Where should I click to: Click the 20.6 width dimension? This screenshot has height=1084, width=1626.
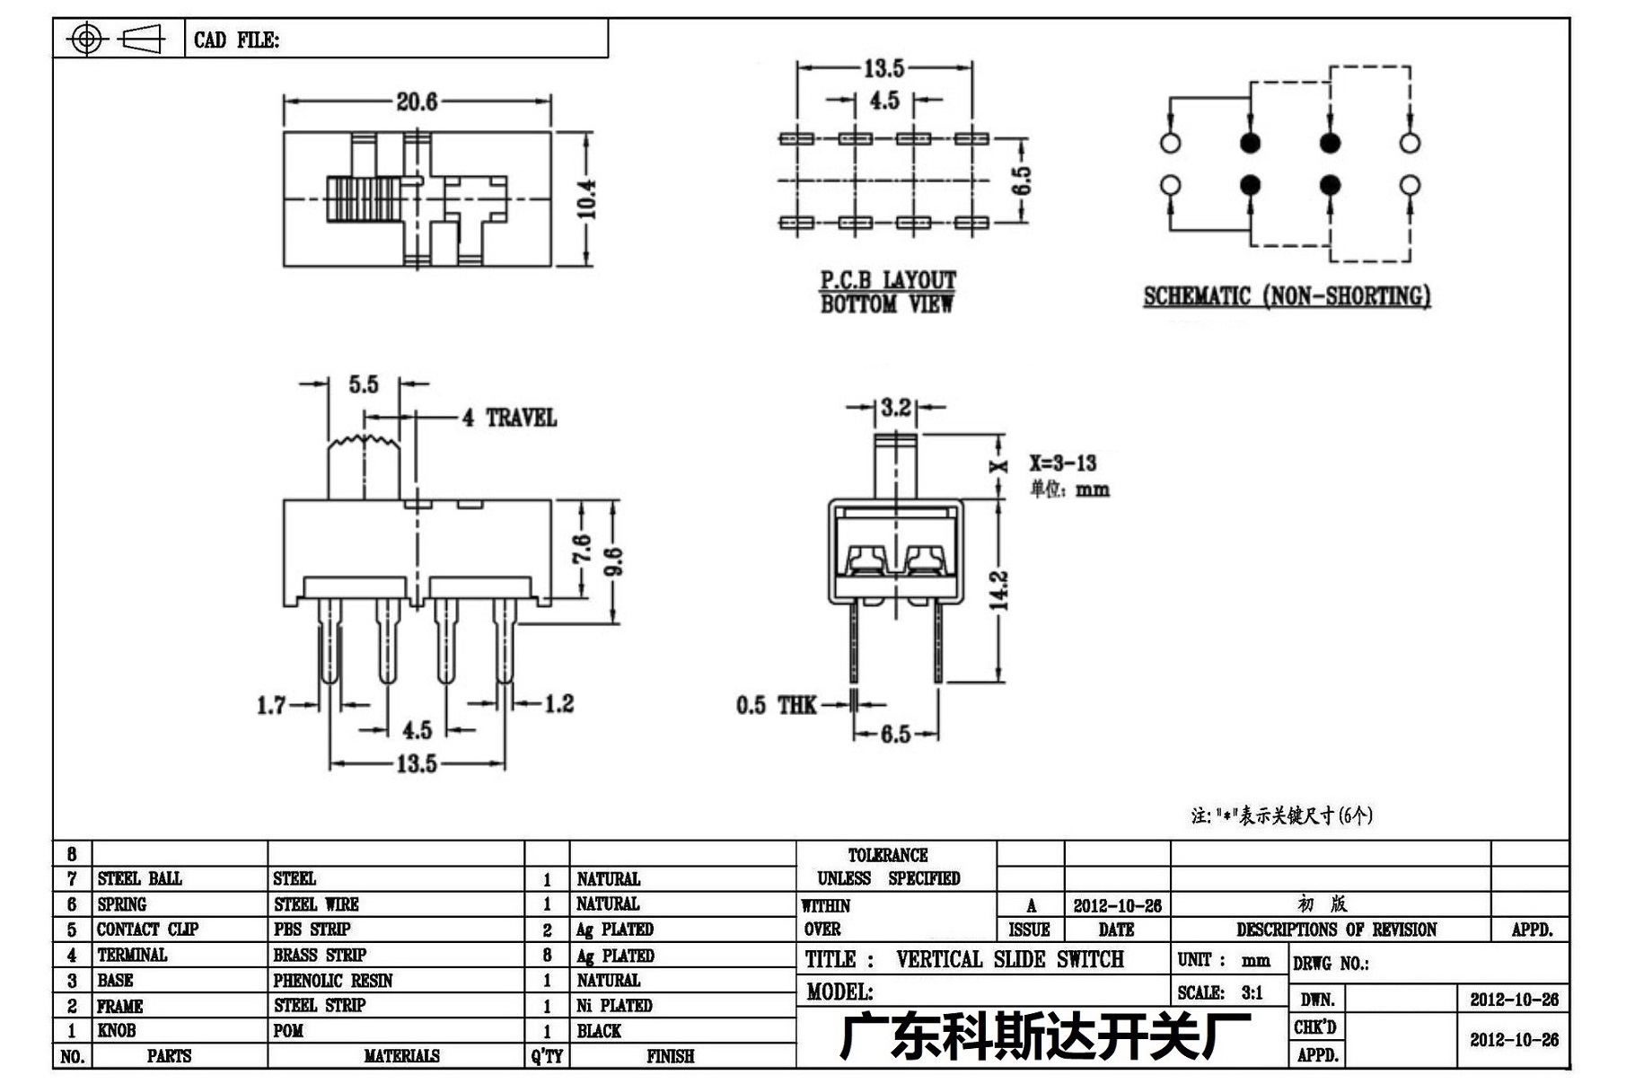(x=417, y=101)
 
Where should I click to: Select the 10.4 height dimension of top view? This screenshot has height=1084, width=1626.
(x=586, y=198)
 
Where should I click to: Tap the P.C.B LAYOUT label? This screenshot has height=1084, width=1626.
(x=888, y=279)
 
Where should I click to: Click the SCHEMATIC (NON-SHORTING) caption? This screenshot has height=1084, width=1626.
(x=1287, y=296)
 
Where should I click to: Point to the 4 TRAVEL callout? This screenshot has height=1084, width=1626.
(x=509, y=418)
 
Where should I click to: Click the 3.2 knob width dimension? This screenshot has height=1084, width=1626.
(x=895, y=408)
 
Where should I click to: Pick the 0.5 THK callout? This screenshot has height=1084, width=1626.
(x=777, y=705)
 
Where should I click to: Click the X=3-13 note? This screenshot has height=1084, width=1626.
(x=1063, y=463)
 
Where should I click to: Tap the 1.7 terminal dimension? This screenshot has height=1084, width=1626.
(x=271, y=705)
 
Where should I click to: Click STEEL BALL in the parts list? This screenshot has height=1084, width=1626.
(x=139, y=878)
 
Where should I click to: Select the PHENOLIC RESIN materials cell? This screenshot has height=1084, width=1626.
(x=333, y=981)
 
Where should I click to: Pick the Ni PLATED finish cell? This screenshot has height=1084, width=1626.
(x=614, y=1006)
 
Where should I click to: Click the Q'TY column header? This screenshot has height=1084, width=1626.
(x=547, y=1056)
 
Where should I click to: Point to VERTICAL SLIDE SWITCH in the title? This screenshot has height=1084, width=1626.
(x=1010, y=959)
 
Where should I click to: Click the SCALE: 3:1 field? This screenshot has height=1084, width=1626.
(x=1220, y=992)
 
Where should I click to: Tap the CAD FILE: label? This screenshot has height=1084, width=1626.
(x=236, y=40)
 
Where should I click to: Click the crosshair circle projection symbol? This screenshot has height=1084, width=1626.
(x=86, y=39)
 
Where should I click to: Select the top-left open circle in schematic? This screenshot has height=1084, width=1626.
(x=1170, y=142)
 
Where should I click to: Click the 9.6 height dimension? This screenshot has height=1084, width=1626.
(x=614, y=561)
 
